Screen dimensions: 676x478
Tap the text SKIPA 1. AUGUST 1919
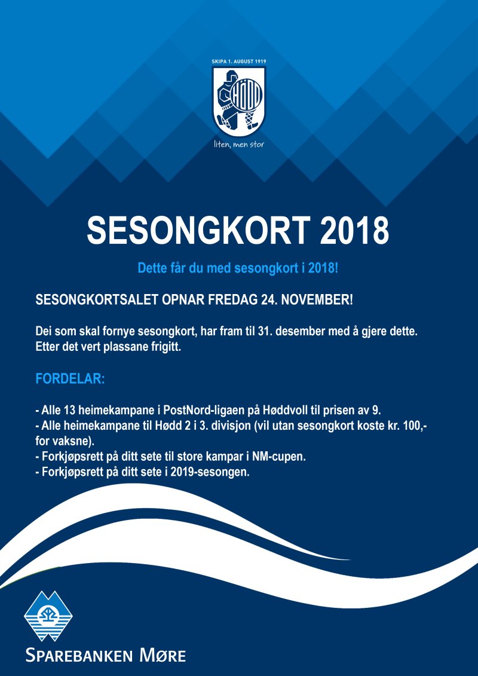coord(239,62)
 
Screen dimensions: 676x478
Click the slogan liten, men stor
coord(239,145)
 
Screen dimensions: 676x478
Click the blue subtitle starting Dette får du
coord(238,268)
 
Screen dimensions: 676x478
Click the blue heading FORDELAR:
coord(71,379)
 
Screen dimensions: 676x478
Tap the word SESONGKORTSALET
coord(97,299)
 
